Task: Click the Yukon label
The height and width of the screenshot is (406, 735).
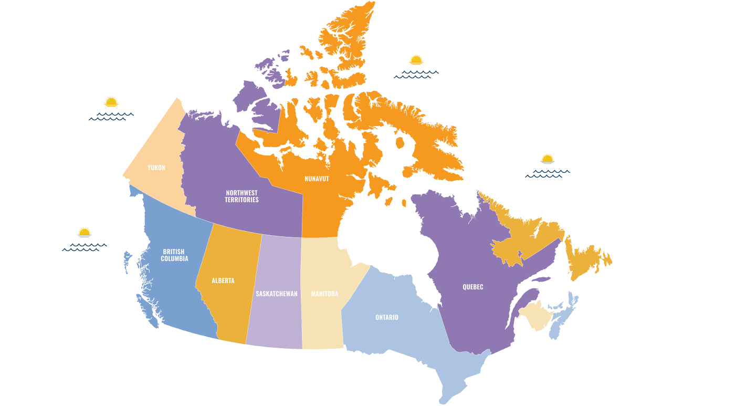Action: pyautogui.click(x=156, y=168)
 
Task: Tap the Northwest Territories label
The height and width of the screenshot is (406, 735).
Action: pyautogui.click(x=241, y=196)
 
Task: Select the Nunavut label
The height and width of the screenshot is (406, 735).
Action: pyautogui.click(x=317, y=179)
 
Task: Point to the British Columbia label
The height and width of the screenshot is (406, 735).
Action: pyautogui.click(x=174, y=255)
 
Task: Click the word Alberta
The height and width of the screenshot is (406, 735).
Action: pyautogui.click(x=223, y=281)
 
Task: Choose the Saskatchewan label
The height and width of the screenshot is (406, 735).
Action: pyautogui.click(x=277, y=294)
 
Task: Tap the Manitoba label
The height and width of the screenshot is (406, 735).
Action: pyautogui.click(x=324, y=294)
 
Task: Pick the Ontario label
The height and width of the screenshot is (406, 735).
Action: pyautogui.click(x=386, y=318)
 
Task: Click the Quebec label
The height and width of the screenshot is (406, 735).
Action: pyautogui.click(x=472, y=287)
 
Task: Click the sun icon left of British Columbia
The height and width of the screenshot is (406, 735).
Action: pyautogui.click(x=85, y=232)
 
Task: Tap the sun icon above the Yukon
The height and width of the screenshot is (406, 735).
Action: pyautogui.click(x=111, y=101)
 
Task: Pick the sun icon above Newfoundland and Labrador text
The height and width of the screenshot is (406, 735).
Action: pyautogui.click(x=548, y=159)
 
